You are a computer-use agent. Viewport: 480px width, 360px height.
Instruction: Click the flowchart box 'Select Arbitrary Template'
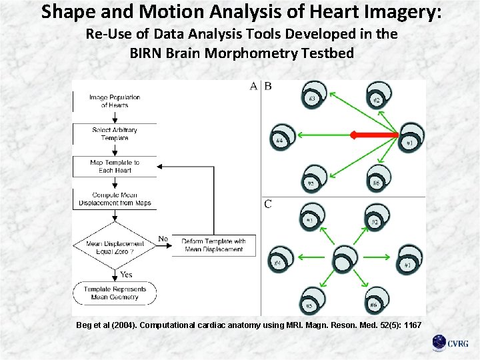tap(115, 133)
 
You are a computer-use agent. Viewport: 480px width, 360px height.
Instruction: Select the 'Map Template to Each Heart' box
tap(115, 166)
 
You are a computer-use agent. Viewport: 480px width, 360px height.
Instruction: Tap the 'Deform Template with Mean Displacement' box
tap(213, 245)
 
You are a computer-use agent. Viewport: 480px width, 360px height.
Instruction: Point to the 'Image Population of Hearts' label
tap(115, 101)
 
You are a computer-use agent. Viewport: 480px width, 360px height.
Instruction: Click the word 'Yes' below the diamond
tap(126, 274)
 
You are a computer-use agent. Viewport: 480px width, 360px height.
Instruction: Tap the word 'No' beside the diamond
tap(163, 239)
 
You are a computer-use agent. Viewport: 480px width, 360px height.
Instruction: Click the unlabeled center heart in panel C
tap(345, 257)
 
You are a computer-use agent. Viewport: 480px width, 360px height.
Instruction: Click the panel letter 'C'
tap(267, 204)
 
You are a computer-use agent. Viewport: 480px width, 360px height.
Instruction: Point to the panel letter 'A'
tap(253, 86)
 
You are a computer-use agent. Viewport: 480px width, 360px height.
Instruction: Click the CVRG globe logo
tap(439, 343)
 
